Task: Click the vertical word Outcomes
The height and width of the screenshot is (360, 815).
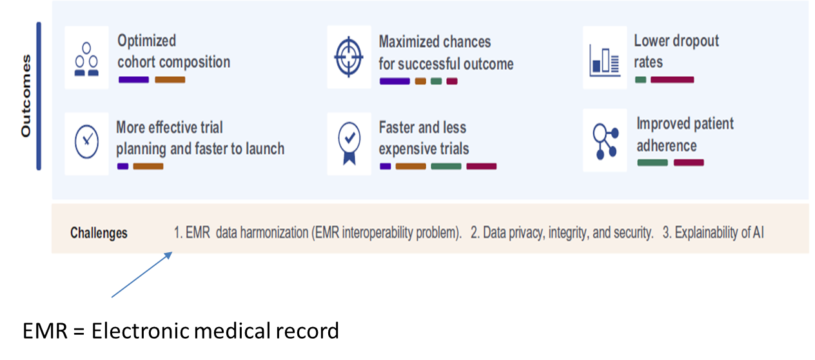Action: tap(26, 96)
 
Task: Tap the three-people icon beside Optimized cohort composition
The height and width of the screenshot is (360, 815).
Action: tap(86, 59)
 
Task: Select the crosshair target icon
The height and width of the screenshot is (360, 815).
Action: tap(349, 57)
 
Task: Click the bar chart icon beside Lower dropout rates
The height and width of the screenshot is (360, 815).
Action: tap(605, 61)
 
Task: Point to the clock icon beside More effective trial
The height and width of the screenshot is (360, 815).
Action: tap(86, 141)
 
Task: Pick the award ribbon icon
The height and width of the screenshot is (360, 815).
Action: tap(349, 143)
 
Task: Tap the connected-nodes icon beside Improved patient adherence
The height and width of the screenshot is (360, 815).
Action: tap(605, 141)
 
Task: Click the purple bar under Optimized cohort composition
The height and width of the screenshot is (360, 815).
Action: tap(133, 80)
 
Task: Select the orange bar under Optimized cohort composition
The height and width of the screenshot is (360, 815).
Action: tap(170, 80)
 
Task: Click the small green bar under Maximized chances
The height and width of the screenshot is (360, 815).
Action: tap(437, 81)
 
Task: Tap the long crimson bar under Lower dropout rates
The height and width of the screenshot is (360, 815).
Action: tap(673, 80)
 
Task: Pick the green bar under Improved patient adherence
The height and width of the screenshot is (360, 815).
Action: tap(653, 163)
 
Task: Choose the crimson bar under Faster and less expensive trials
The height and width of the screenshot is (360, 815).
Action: tap(482, 166)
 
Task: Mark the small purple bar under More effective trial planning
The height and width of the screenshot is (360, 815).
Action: tap(123, 166)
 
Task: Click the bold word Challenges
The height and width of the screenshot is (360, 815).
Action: tap(99, 233)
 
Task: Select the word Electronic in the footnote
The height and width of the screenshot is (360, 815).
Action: tap(141, 331)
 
